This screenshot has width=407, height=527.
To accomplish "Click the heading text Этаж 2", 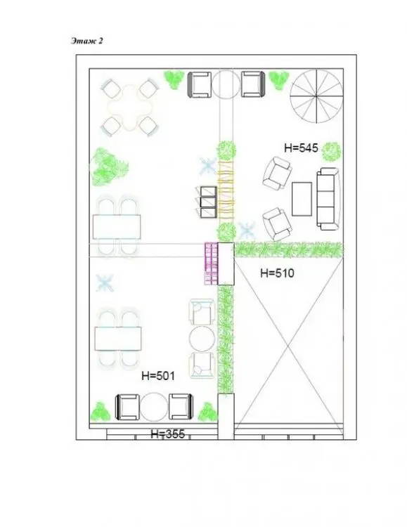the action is click(87, 41).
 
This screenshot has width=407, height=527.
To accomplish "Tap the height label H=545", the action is click(301, 148).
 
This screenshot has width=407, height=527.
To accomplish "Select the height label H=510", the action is click(277, 273).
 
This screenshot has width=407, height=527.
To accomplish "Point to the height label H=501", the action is click(158, 376).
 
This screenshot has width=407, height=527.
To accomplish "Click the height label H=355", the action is click(167, 434).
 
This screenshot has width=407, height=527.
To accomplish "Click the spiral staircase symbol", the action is click(316, 96).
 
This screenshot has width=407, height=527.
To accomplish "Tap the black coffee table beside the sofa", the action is click(302, 199).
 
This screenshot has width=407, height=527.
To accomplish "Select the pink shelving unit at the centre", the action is click(212, 263).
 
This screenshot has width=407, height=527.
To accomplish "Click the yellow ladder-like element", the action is click(226, 190).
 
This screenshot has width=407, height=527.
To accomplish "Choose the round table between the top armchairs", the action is click(226, 84).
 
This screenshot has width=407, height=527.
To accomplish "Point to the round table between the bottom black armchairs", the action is click(154, 407).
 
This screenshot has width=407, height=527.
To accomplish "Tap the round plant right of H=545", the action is click(332, 152).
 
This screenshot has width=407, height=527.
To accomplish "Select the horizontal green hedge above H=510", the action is click(289, 249).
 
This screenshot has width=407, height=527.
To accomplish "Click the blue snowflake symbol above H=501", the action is click(105, 282).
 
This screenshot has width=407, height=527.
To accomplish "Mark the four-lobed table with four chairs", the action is click(130, 108).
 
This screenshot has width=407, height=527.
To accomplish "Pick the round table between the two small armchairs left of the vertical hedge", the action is click(202, 339).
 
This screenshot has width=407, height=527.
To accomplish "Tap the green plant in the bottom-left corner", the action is click(101, 411).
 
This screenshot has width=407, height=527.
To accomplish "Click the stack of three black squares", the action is click(208, 202).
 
